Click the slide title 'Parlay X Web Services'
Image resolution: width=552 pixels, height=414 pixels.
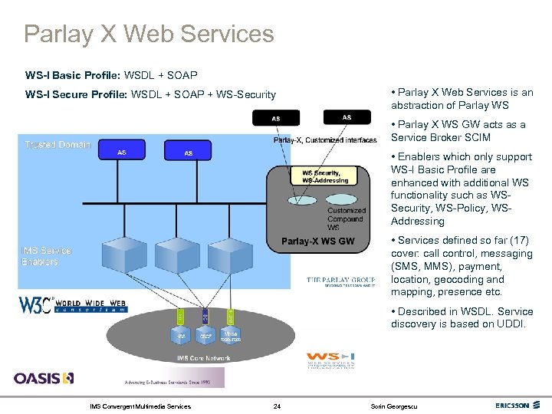[149, 34]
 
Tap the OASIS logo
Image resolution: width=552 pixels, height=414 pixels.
[44, 377]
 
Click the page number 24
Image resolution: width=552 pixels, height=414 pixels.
[277, 406]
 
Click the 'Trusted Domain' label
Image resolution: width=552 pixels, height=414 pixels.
[58, 145]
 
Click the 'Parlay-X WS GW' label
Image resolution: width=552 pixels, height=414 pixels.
[317, 242]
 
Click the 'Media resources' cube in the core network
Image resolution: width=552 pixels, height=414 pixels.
[230, 336]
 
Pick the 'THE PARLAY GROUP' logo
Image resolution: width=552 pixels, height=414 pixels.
[341, 281]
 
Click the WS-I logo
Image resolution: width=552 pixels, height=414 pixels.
[330, 359]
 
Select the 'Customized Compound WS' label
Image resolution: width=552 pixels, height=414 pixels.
[345, 219]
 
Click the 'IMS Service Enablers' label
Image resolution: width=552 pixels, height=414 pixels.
[46, 256]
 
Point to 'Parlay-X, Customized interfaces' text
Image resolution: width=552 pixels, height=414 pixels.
[325, 140]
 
